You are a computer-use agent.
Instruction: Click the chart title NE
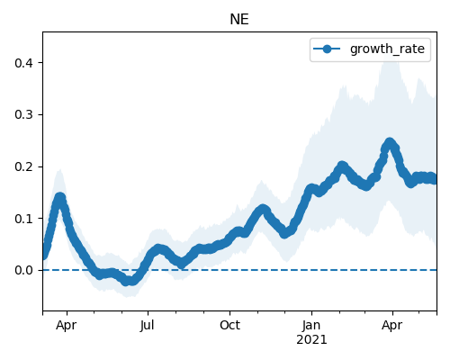[x=239, y=20]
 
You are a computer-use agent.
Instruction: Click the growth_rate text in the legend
[x=387, y=49]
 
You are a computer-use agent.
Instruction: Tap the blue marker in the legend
[x=327, y=49]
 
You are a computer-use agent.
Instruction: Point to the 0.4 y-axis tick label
[x=24, y=63]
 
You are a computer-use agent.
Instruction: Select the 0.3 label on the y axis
[x=24, y=114]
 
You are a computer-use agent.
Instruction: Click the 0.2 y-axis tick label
[x=24, y=166]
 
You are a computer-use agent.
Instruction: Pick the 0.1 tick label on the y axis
[x=24, y=219]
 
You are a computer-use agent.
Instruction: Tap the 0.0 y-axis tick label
[x=24, y=270]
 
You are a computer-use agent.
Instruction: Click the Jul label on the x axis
[x=148, y=325]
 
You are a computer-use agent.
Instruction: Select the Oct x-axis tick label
[x=229, y=325]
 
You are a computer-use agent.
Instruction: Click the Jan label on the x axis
[x=311, y=325]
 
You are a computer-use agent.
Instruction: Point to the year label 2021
[x=311, y=340]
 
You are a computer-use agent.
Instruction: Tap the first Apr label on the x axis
[x=67, y=326]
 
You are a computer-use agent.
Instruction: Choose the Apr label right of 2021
[x=392, y=326]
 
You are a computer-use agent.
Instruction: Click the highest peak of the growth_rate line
[x=390, y=143]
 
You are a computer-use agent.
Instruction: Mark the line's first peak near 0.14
[x=60, y=197]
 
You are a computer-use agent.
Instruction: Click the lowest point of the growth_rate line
[x=126, y=282]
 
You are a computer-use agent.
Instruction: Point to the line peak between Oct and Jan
[x=263, y=209]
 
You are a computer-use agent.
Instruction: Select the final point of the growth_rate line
[x=434, y=180]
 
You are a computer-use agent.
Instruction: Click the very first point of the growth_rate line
[x=44, y=256]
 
